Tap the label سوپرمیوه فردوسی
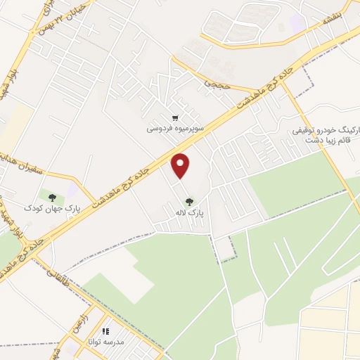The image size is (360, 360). [x=175, y=129]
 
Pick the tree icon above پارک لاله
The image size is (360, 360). [x=188, y=201]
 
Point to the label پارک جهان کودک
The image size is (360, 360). [x=51, y=209]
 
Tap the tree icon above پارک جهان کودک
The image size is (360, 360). [x=52, y=198]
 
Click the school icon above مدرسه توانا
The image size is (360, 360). [x=106, y=330]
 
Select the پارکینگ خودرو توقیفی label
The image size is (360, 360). [x=328, y=131]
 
